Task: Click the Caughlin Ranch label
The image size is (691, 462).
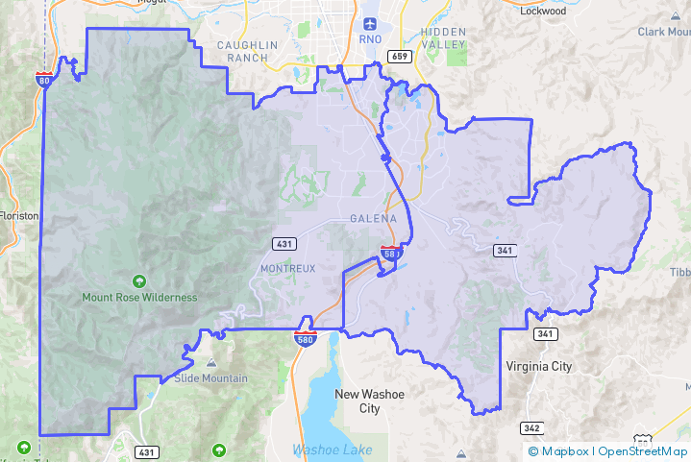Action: click(247, 51)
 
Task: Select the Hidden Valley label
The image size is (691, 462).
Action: click(443, 38)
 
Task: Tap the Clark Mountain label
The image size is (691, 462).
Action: click(663, 32)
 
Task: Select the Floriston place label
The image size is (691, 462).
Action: click(19, 216)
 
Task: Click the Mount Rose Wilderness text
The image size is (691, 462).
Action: click(140, 298)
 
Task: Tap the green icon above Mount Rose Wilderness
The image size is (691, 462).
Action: click(140, 281)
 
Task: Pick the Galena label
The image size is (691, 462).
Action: click(374, 219)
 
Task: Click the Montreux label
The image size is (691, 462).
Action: click(287, 268)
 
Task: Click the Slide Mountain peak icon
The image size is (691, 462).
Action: click(210, 363)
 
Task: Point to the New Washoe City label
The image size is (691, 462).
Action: click(369, 401)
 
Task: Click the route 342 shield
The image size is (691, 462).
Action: click(531, 427)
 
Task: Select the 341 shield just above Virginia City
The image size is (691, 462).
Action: click(545, 334)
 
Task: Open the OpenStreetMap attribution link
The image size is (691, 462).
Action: click(643, 451)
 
